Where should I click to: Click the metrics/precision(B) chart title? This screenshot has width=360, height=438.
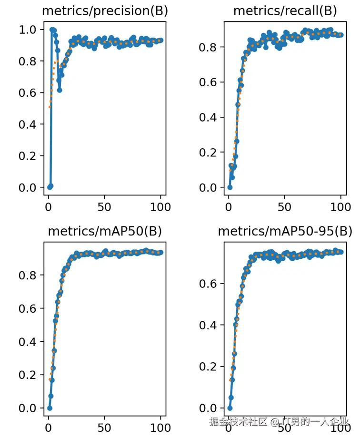coord(105,11)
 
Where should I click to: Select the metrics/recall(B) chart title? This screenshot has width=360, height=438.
coord(285,11)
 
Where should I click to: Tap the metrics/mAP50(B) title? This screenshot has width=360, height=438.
coord(105,232)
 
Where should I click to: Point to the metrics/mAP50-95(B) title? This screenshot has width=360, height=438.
coord(285,232)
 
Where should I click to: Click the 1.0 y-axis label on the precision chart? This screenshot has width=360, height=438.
coord(27,30)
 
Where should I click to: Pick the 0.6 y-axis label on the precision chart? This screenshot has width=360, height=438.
coord(27,93)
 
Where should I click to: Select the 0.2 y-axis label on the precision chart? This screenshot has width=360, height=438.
coord(27,156)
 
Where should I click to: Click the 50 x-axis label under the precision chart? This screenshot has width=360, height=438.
coord(104,207)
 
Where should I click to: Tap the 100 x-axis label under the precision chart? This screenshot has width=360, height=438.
coord(160,207)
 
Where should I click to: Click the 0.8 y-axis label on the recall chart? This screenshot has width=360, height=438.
coord(208,47)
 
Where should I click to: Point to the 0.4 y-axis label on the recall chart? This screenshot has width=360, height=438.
coord(208,117)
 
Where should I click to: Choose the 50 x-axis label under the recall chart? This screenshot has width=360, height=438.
coord(284,207)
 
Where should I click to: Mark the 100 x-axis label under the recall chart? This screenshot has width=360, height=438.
coord(341,207)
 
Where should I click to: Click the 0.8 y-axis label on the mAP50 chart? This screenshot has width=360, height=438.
coord(27,275)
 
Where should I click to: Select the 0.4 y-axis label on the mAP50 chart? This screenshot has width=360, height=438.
coord(27,342)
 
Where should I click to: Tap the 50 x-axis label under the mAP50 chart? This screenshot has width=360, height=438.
coord(104,428)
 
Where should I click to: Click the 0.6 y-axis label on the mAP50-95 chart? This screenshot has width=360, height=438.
coord(208,284)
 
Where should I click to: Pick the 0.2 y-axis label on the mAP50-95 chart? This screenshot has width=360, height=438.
coord(208,367)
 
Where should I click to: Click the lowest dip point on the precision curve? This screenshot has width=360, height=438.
coord(60,90)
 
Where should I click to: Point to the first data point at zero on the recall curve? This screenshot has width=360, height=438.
coord(230,187)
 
